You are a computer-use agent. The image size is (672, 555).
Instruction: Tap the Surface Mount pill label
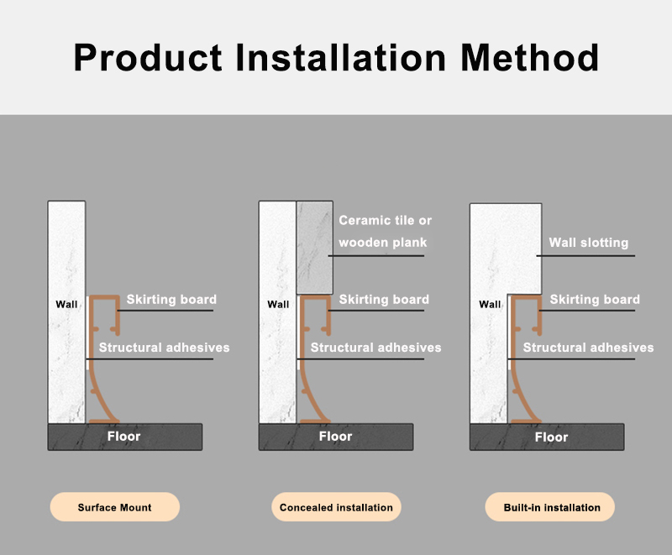click(x=115, y=507)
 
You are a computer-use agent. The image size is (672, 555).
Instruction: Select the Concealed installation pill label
click(x=336, y=507)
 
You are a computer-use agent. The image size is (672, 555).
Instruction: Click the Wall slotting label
click(x=588, y=243)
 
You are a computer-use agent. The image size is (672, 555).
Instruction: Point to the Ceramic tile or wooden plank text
click(x=385, y=232)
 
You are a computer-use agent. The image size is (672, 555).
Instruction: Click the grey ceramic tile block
click(x=315, y=247)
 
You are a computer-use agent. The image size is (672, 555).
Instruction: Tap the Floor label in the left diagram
click(x=123, y=437)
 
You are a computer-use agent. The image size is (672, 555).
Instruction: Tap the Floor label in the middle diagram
click(x=335, y=437)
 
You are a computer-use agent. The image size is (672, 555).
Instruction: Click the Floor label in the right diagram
click(x=551, y=437)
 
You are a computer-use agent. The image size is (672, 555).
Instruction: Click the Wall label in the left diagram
click(x=66, y=304)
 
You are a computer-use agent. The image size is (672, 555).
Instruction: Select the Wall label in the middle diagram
click(x=278, y=304)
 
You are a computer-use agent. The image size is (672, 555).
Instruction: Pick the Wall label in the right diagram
click(x=490, y=304)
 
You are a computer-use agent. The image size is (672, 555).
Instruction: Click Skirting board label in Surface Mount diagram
click(x=171, y=300)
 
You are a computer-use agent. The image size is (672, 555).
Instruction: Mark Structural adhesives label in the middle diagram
click(x=375, y=348)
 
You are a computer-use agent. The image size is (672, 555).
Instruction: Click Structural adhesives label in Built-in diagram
click(x=588, y=348)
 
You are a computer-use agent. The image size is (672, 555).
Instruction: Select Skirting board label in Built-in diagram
click(x=595, y=300)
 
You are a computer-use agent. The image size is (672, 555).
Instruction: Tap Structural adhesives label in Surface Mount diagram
click(x=164, y=348)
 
